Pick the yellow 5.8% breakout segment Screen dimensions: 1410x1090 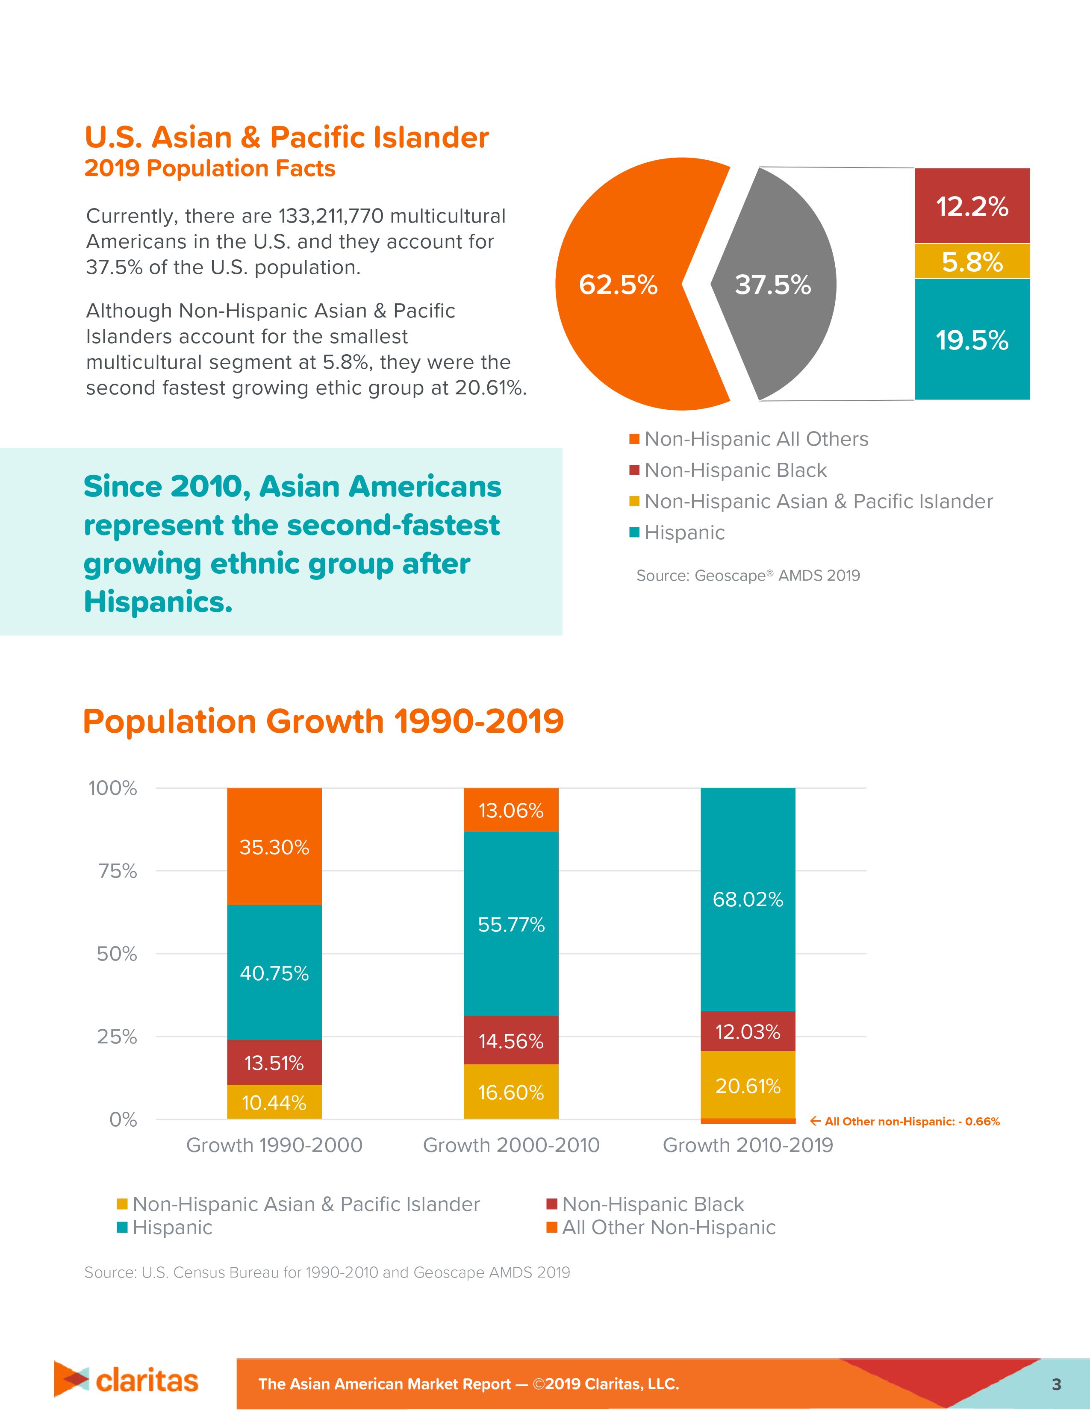972,261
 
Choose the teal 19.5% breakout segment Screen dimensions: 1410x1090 972,340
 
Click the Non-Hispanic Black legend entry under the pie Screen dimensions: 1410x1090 735,470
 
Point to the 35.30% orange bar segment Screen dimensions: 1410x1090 274,846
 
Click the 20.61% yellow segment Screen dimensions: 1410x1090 748,1085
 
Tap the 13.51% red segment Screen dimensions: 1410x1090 274,1062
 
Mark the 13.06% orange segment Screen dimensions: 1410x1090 511,810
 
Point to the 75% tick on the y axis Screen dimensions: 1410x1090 118,871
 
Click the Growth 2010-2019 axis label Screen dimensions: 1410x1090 748,1145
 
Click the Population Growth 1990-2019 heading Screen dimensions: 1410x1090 323,721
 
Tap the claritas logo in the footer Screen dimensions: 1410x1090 127,1380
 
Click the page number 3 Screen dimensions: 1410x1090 1056,1384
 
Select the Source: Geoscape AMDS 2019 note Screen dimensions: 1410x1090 748,575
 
